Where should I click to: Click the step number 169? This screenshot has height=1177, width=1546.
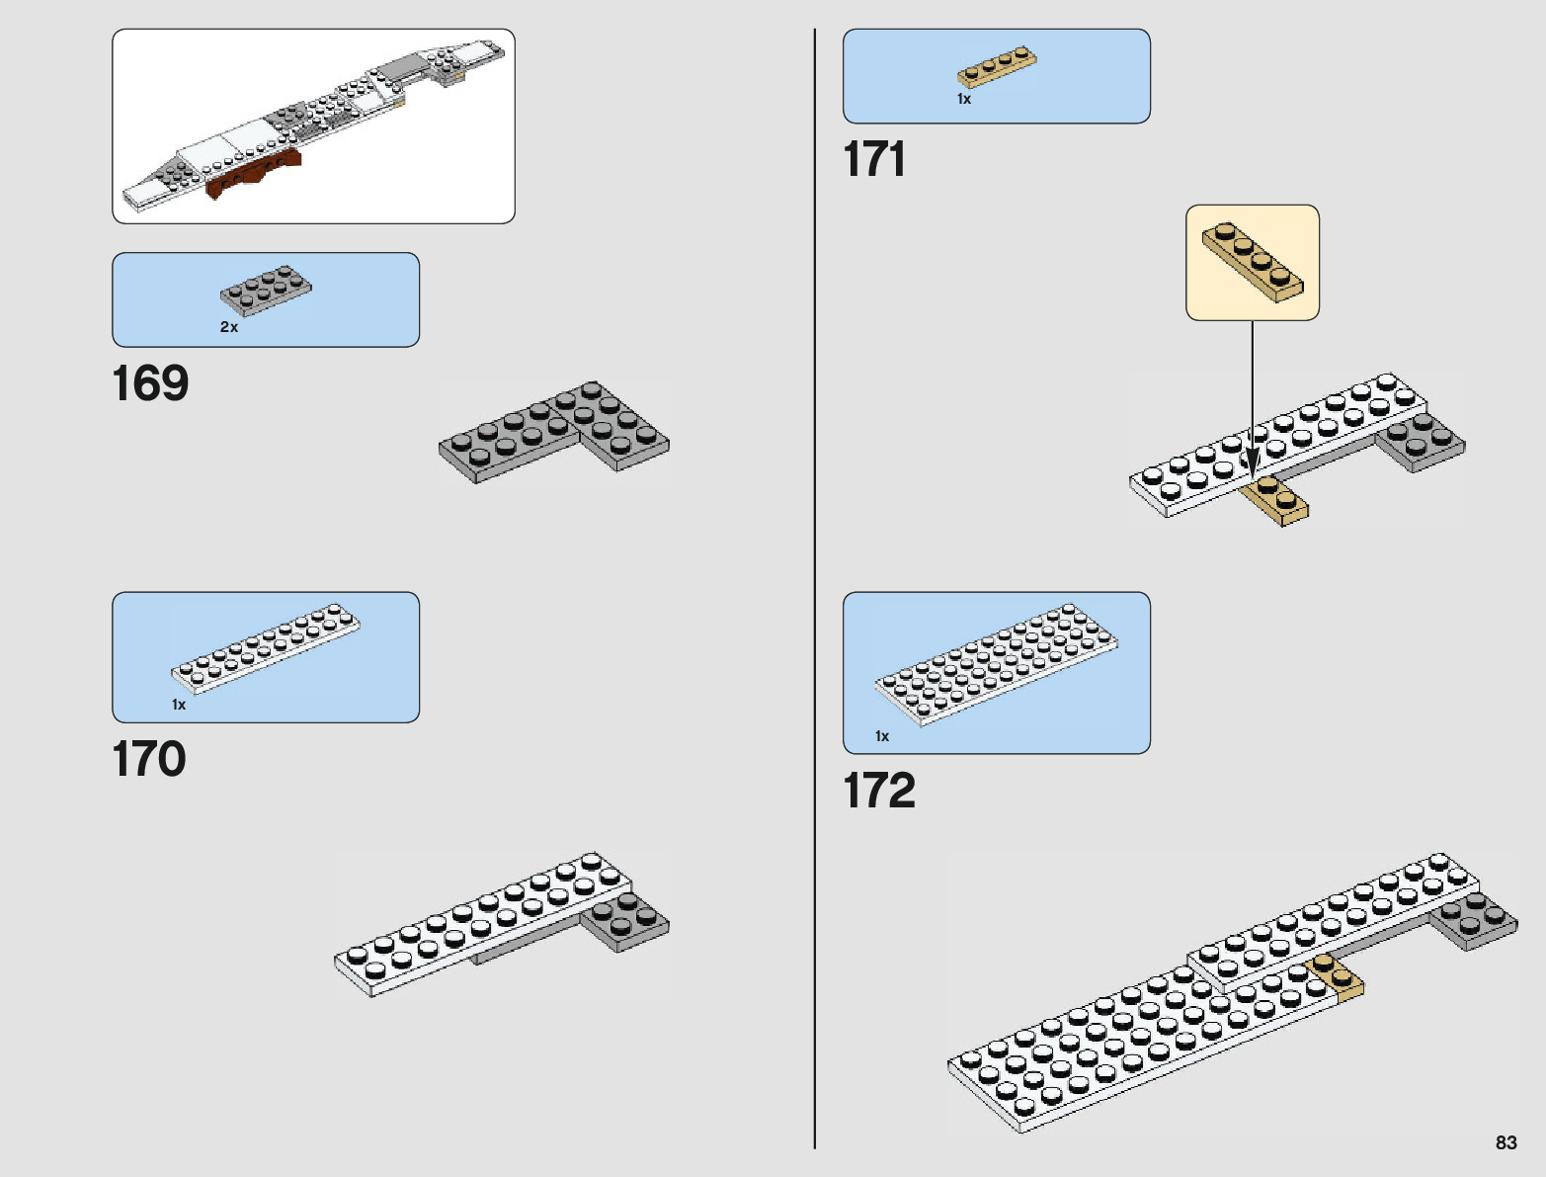(x=150, y=383)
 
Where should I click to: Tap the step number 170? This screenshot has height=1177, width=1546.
(x=149, y=759)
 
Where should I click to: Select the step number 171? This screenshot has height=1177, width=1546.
(x=874, y=159)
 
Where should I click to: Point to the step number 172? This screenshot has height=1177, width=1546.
(x=879, y=791)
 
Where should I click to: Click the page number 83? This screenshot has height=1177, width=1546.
(x=1505, y=1142)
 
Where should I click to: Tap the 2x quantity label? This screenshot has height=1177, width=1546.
(x=229, y=327)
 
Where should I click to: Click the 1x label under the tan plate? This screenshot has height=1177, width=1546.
(x=964, y=99)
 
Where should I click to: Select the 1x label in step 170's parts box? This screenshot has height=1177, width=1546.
(x=179, y=705)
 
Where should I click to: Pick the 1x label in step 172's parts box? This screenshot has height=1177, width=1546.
(x=882, y=736)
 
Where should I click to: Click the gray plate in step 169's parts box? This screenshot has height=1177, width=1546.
(x=266, y=290)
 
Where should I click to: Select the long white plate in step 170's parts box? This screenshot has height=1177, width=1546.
(x=266, y=647)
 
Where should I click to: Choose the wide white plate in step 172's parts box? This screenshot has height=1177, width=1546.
(x=996, y=663)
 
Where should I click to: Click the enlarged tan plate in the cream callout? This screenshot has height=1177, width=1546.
(x=1253, y=262)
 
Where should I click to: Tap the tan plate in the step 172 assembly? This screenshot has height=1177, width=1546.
(x=1337, y=974)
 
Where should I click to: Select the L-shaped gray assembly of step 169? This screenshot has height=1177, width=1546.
(x=553, y=433)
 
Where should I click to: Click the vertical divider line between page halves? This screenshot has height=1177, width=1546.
(x=815, y=593)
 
